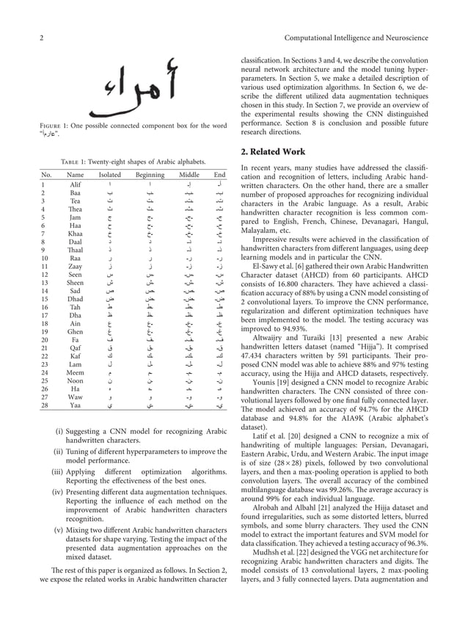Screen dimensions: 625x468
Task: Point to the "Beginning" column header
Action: [x=150, y=175]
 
